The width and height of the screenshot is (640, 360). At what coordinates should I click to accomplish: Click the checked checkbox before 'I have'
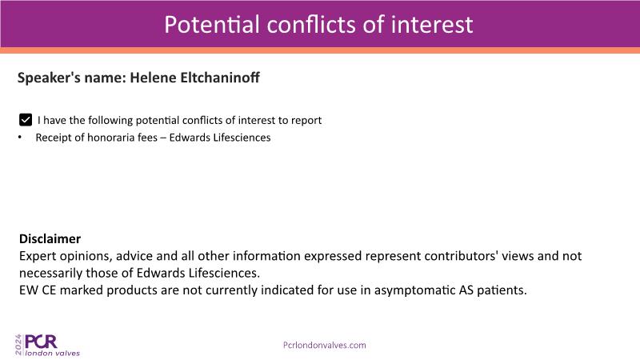(26, 120)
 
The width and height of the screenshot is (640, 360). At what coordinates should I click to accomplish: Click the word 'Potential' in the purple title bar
(212, 25)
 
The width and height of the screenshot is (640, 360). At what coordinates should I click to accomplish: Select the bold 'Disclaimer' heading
(50, 238)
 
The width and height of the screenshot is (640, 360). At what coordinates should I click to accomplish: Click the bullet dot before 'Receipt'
(20, 138)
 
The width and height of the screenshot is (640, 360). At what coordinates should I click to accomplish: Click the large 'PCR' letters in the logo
(42, 342)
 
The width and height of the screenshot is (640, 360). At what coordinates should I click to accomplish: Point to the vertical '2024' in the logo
(18, 345)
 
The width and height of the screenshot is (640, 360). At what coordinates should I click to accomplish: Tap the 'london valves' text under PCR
(53, 353)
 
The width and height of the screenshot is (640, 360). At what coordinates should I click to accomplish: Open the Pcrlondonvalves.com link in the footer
(325, 346)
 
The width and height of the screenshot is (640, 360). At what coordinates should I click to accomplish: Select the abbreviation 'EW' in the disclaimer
(29, 290)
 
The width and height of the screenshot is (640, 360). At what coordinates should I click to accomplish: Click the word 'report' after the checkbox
(306, 121)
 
